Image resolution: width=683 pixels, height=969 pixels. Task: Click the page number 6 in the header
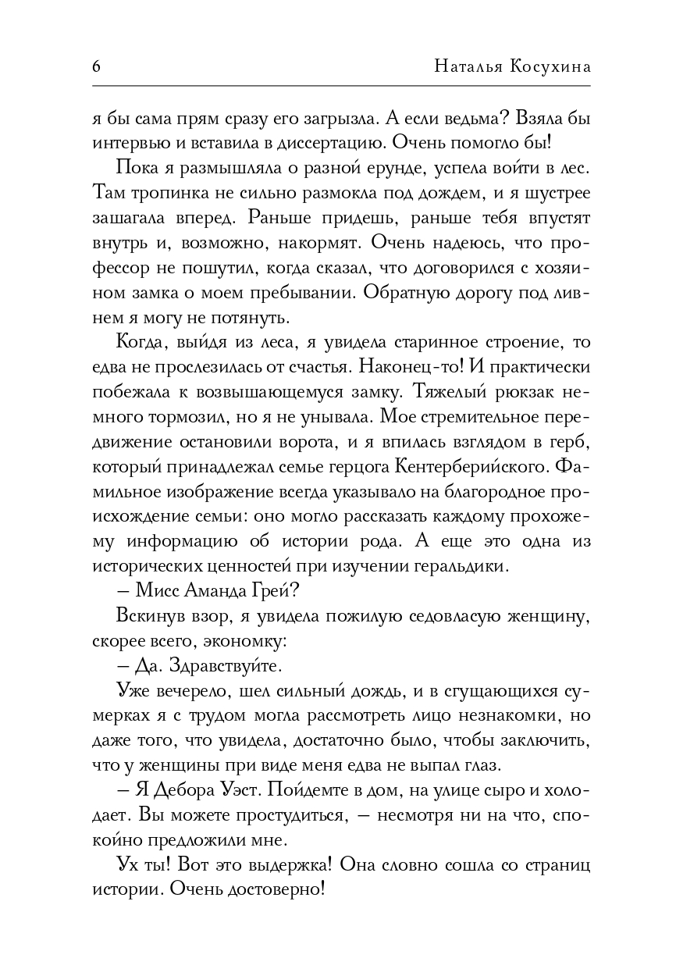click(96, 66)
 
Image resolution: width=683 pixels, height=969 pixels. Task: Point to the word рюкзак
click(524, 391)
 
